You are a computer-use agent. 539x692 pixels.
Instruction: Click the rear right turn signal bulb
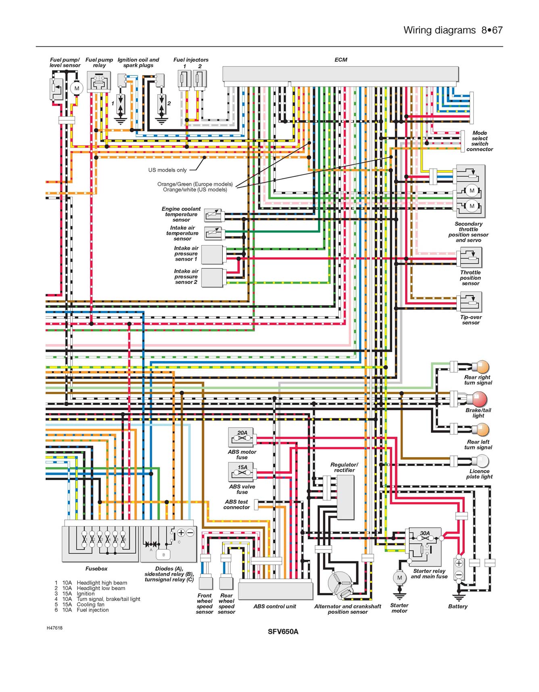pyautogui.click(x=481, y=367)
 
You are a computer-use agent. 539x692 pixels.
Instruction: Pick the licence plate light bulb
pyautogui.click(x=481, y=461)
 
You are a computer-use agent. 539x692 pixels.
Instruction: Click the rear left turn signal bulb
pyautogui.click(x=481, y=430)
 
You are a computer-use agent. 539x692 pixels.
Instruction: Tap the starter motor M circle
pyautogui.click(x=399, y=578)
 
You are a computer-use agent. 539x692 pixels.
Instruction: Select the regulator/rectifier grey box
pyautogui.click(x=345, y=497)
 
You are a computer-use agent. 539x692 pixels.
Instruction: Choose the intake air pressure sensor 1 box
pyautogui.click(x=212, y=255)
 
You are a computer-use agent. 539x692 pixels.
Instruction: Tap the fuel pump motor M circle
pyautogui.click(x=76, y=88)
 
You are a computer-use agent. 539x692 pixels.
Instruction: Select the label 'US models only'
pyautogui.click(x=167, y=170)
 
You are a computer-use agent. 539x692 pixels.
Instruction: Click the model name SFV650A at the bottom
pyautogui.click(x=283, y=632)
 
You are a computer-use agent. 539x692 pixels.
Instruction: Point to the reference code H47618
pyautogui.click(x=54, y=628)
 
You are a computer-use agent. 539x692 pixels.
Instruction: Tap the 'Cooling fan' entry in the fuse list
pyautogui.click(x=90, y=605)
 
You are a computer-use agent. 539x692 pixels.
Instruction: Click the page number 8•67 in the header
pyautogui.click(x=492, y=30)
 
